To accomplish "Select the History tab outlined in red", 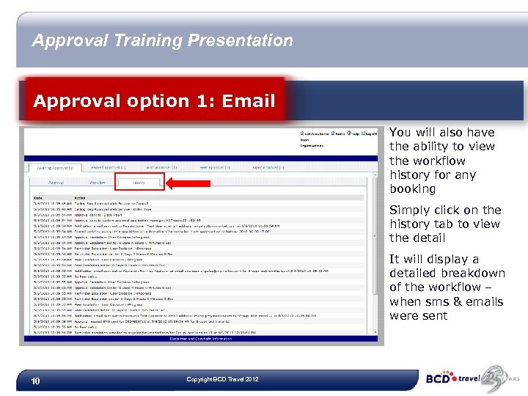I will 140,182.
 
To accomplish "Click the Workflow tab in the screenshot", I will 98,182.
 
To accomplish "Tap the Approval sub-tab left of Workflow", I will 56,182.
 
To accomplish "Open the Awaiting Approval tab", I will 55,167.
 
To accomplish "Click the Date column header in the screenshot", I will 37,196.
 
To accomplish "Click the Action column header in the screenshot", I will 78,196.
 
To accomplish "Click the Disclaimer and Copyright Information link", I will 203,339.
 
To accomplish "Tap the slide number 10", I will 34,381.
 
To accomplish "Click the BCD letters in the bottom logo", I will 440,379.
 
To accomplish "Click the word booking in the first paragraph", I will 412,189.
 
